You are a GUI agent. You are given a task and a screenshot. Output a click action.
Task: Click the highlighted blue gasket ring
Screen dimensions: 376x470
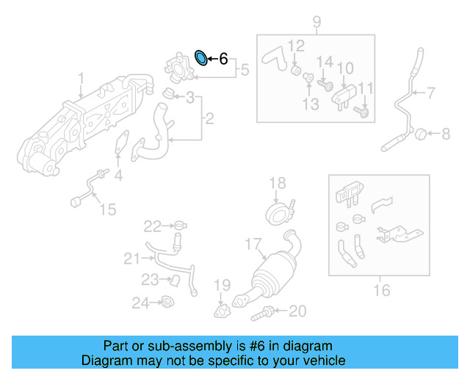point(200,57)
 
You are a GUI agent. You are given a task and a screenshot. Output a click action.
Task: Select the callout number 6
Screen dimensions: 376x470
point(223,59)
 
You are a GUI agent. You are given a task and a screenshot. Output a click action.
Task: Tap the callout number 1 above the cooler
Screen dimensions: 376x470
point(82,78)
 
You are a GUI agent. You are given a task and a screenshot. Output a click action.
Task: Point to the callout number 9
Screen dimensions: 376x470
point(317,21)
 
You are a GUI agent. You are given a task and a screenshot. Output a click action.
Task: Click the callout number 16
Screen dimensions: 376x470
point(381,291)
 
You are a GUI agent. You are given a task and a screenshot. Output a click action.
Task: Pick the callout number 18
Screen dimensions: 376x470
point(276,183)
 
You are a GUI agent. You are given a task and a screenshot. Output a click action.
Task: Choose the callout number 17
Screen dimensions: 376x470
point(253,244)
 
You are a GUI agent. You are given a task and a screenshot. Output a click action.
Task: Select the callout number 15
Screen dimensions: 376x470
point(107,210)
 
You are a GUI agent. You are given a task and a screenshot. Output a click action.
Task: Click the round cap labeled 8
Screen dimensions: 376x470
point(422,134)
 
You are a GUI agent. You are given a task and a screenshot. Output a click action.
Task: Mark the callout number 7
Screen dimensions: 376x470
point(431,93)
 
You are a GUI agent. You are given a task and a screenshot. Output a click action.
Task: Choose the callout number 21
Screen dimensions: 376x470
point(131,258)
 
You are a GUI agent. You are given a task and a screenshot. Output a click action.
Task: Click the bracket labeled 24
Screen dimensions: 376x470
point(167,301)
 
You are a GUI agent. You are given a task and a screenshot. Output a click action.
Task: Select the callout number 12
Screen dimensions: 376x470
point(295,46)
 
